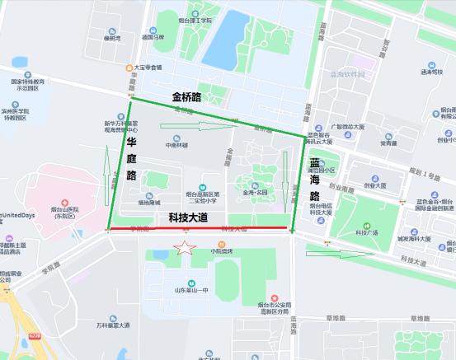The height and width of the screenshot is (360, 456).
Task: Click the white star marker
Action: coord(186,247)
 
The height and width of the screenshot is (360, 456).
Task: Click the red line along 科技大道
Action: coord(198,228)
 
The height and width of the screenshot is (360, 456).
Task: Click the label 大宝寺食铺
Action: coord(148,68)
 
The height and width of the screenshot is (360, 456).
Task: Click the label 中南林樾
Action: coord(176,145)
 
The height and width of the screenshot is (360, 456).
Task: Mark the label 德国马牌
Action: coord(153,37)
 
